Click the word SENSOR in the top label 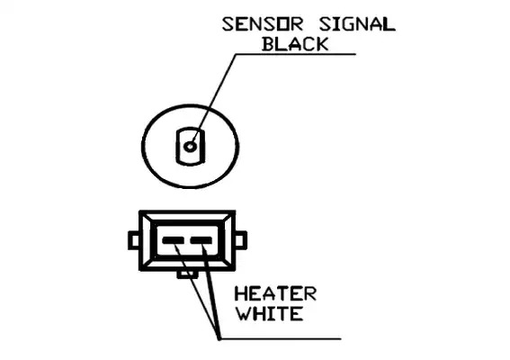(263, 24)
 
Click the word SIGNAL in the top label (357, 24)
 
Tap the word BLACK (295, 44)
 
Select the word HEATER (275, 293)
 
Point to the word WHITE (269, 314)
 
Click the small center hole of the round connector (190, 147)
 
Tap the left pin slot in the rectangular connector (173, 241)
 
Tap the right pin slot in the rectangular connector (201, 241)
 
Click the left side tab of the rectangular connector (134, 240)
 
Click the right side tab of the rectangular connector (241, 240)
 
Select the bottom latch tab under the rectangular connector (187, 274)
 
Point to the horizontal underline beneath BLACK (295, 54)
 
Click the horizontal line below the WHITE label (281, 338)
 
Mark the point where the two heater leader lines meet (219, 338)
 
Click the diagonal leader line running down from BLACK (213, 99)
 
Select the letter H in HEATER (241, 293)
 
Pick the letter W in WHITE (243, 314)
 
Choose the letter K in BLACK (322, 44)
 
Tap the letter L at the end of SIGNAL (389, 24)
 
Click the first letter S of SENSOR (228, 24)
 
